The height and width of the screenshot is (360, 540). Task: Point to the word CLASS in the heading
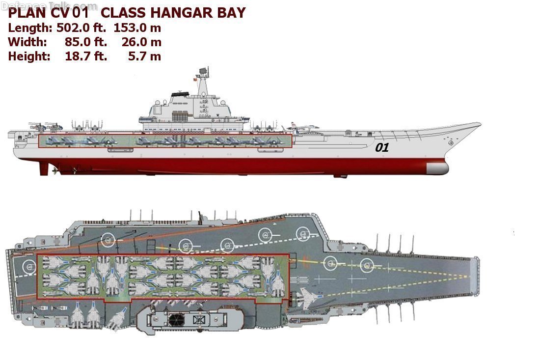123,13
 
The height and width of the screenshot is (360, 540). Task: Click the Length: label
30,28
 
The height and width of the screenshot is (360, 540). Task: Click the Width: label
27,42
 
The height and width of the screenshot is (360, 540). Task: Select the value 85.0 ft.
86,42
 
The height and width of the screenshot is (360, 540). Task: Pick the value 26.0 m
141,42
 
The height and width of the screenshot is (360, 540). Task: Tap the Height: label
29,56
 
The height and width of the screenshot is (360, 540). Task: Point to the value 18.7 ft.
86,56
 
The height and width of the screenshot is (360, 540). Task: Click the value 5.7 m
144,56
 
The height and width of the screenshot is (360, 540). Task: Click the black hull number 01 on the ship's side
382,147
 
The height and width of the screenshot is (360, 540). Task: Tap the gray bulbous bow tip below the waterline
437,168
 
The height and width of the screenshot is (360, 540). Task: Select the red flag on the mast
195,79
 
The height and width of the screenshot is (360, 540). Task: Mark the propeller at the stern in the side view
54,169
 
